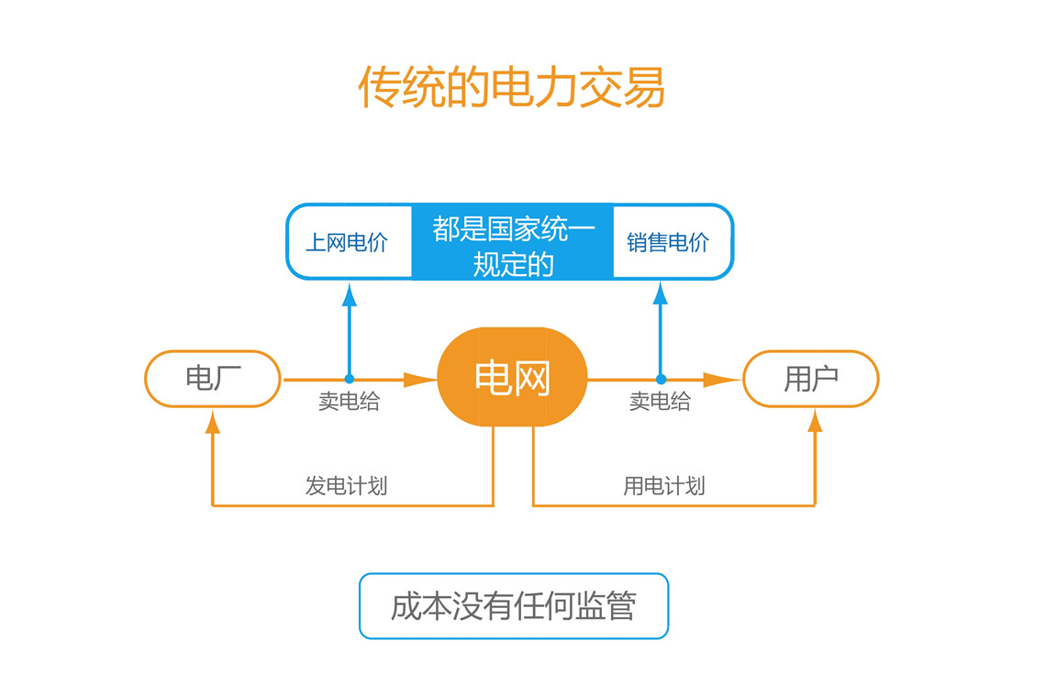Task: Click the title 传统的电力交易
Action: pos(512,87)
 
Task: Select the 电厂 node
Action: pos(213,379)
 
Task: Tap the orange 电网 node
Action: pos(512,377)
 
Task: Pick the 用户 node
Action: pos(811,379)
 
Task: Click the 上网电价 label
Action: pos(347,242)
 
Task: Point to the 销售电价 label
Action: pos(668,242)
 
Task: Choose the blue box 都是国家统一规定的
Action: pos(512,241)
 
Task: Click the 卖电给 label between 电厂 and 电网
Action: pos(349,402)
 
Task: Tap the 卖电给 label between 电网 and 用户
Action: pos(660,402)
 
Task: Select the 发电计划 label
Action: pos(346,485)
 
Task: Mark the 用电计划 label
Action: pos(663,485)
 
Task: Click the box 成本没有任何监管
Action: pos(514,606)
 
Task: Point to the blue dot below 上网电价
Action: pos(349,379)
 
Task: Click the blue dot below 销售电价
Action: pos(661,379)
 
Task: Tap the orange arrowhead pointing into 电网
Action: pos(420,380)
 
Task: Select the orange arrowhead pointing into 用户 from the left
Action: pos(723,380)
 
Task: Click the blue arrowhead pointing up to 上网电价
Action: pos(349,294)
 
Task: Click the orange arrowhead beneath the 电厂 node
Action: pos(213,422)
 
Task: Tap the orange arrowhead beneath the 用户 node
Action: pos(815,421)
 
